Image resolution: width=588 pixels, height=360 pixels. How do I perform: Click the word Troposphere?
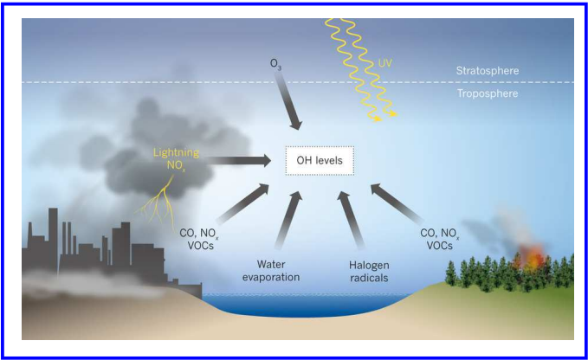(488, 92)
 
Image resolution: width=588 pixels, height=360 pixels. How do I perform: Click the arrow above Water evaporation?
(288, 222)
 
